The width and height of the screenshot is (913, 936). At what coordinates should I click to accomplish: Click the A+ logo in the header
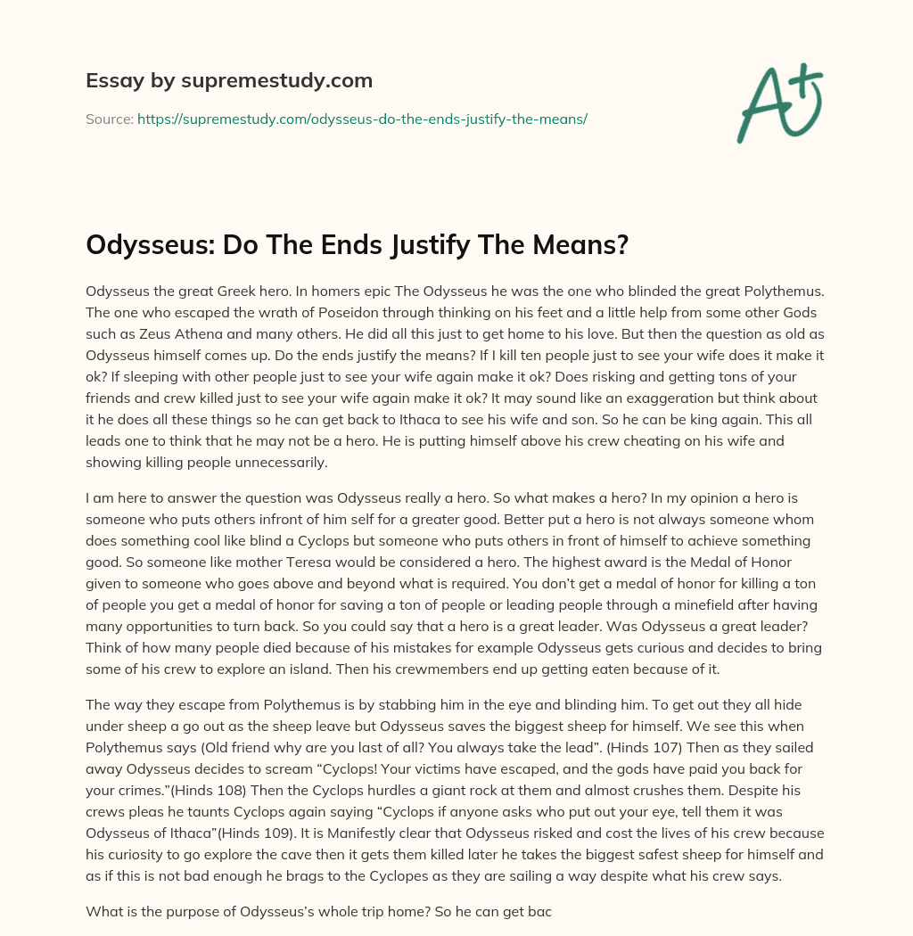point(779,103)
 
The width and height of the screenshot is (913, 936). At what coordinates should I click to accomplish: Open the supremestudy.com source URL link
point(362,119)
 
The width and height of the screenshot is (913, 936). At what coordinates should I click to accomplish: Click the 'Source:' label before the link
point(110,119)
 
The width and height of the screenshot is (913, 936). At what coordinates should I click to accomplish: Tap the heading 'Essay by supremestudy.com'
point(229,81)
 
